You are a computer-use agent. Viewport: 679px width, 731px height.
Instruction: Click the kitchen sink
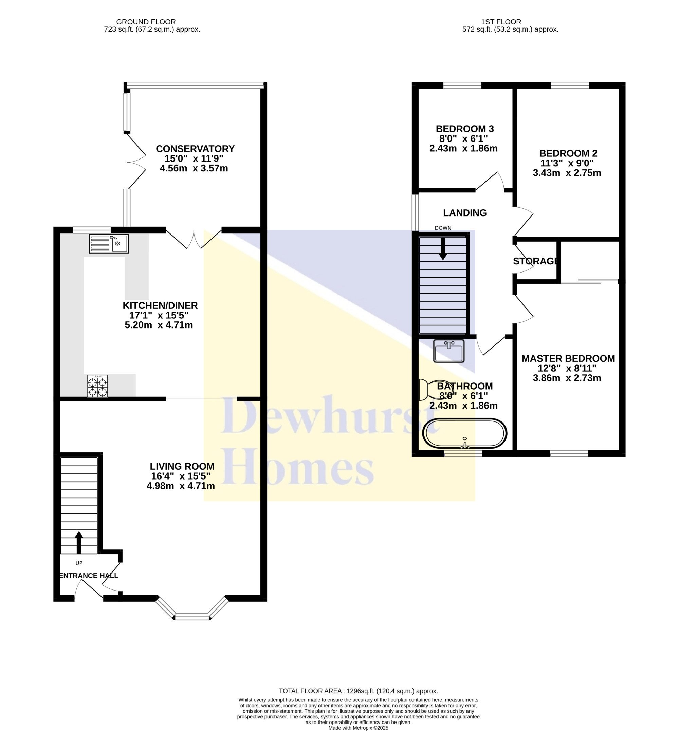tap(109, 244)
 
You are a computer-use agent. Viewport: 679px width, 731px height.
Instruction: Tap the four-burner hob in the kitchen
tap(98, 386)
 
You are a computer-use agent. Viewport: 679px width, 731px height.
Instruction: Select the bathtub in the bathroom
tap(465, 433)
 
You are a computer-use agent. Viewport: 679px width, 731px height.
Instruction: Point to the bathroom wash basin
tap(448, 351)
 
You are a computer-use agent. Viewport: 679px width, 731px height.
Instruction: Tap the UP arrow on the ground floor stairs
tap(79, 542)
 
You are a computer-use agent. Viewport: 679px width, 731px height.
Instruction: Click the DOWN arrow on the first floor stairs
tap(443, 249)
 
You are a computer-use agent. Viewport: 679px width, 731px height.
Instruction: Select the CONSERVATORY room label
tap(195, 149)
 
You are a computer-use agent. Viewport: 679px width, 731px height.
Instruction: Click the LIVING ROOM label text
tap(182, 466)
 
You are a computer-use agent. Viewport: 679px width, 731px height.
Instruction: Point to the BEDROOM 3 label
tap(465, 129)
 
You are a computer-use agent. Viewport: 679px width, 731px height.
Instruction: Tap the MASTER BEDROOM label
tap(568, 358)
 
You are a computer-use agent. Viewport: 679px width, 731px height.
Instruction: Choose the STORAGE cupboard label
tap(536, 261)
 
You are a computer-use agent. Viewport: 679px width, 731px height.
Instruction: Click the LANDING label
tap(465, 213)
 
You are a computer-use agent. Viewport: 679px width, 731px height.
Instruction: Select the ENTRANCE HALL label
tap(89, 576)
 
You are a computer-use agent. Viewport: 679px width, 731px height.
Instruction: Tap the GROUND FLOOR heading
tap(146, 22)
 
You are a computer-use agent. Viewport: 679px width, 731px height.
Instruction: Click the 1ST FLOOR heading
tap(501, 22)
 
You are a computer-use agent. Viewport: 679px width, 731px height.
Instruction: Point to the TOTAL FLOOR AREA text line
tap(358, 691)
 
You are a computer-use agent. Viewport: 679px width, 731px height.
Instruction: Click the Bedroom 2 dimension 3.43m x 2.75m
tap(567, 173)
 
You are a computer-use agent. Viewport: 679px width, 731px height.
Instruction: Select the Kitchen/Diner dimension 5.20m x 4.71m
tap(159, 325)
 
